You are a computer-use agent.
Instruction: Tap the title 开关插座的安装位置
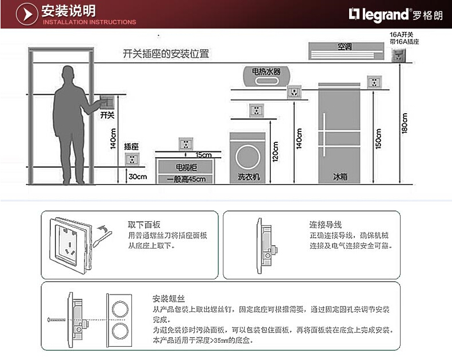coord(166,54)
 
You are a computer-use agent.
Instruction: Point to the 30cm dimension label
coord(137,177)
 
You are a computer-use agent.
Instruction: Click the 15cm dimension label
coord(203,155)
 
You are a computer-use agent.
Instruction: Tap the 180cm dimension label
coord(405,122)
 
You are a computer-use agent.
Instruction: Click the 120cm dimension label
coord(275,151)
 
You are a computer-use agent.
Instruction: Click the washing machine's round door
coord(247,155)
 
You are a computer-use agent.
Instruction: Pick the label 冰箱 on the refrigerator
coord(339,177)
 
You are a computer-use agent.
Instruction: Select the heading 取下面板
coord(143,225)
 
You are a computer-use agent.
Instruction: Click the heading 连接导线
coord(325,225)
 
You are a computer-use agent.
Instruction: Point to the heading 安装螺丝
coord(168,299)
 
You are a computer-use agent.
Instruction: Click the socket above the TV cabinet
coord(186,143)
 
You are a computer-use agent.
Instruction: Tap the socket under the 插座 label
coord(132,159)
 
